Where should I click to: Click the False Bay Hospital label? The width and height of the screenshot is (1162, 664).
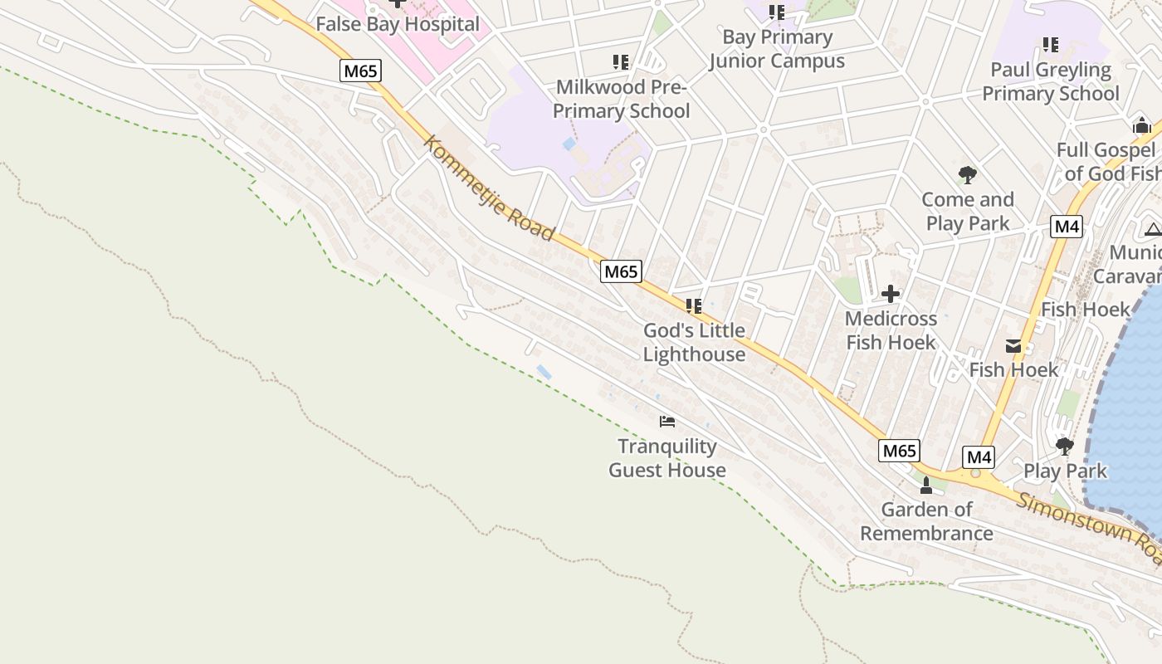(x=398, y=24)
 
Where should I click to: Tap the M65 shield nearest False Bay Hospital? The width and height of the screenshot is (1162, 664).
(x=360, y=71)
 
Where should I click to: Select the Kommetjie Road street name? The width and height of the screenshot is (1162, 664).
(x=488, y=188)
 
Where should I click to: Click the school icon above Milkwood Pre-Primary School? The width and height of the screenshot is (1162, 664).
(x=620, y=62)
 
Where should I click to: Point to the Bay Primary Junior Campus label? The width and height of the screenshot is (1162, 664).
(x=777, y=49)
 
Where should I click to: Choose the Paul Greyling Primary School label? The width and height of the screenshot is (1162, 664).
(x=1051, y=81)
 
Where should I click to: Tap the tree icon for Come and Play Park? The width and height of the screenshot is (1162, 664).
(x=967, y=175)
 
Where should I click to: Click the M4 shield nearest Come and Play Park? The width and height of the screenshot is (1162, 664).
(x=1066, y=227)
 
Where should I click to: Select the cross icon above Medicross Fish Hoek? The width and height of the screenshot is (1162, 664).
(x=890, y=294)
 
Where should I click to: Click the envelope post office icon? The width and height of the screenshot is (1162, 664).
(x=1013, y=346)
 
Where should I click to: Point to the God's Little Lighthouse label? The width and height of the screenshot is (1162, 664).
(x=694, y=342)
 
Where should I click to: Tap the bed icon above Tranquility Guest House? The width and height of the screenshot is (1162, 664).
(x=667, y=422)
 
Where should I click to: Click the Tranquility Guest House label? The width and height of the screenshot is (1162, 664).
(x=667, y=458)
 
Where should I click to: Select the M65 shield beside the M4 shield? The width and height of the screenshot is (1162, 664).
(x=899, y=451)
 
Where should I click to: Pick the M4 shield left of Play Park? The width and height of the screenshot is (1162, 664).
(x=979, y=456)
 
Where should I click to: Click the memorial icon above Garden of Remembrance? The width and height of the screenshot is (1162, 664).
(x=926, y=486)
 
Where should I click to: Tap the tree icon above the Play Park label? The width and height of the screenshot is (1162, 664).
(x=1064, y=447)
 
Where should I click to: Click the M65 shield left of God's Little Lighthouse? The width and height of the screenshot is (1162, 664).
(x=621, y=271)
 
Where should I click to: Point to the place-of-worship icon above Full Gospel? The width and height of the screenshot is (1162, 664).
(x=1141, y=125)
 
